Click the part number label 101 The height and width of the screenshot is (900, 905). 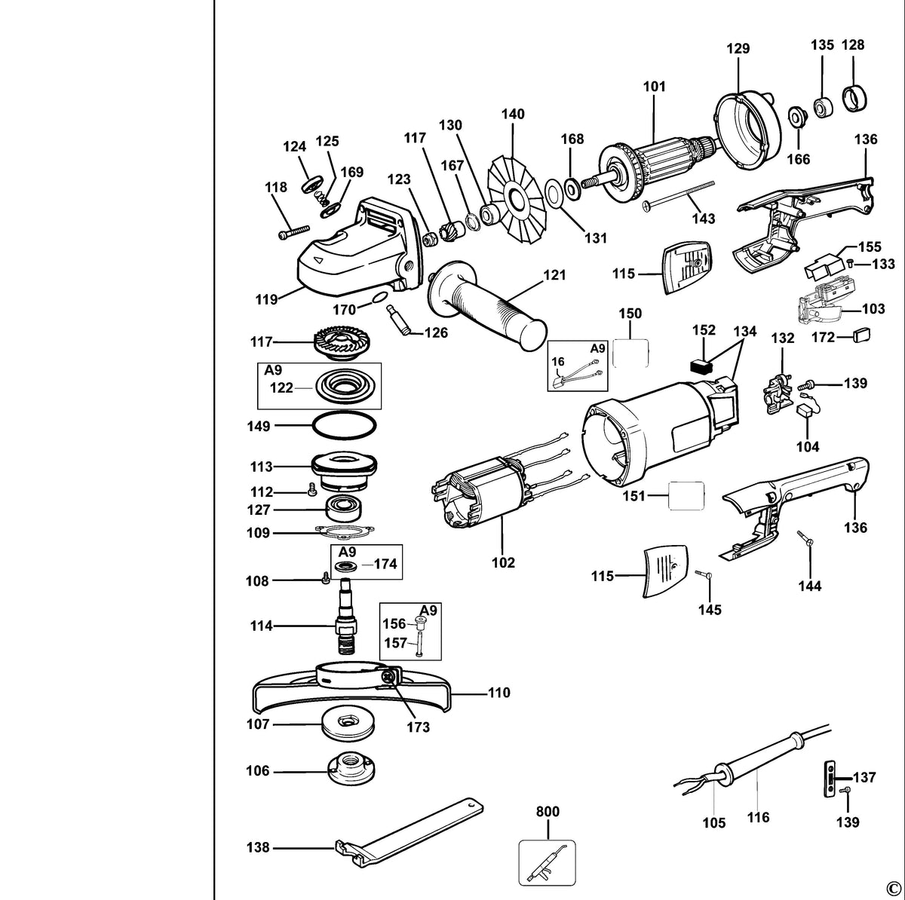(x=654, y=87)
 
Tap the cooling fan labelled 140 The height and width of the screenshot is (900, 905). (x=516, y=201)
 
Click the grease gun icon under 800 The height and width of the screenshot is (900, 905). (x=547, y=862)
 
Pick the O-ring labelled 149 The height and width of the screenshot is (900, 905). (x=345, y=426)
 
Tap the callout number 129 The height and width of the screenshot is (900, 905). (x=738, y=49)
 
